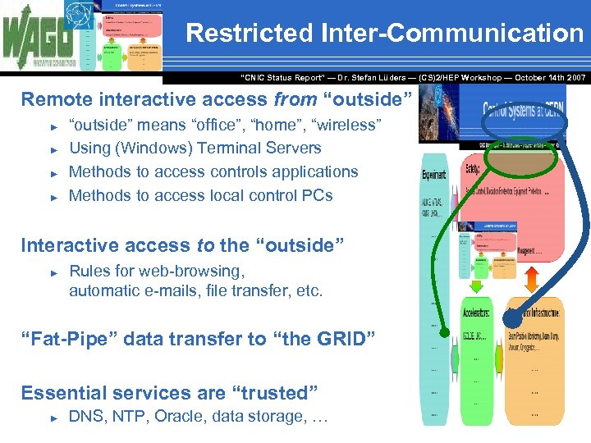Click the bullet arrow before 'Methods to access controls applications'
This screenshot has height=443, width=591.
point(54,173)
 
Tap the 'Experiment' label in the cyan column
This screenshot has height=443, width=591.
point(434,175)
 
